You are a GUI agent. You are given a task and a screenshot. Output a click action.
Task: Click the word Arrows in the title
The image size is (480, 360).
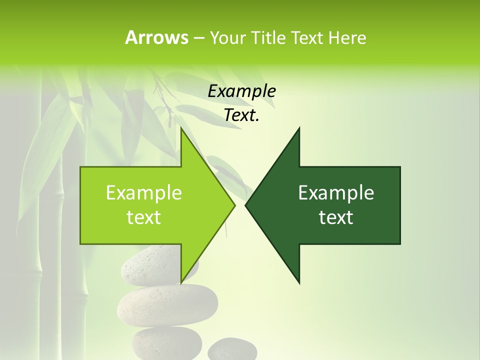tap(156, 37)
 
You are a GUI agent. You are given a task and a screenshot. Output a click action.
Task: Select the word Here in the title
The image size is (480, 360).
tap(347, 37)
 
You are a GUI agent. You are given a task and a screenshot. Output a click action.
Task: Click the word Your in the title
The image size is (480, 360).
tap(226, 37)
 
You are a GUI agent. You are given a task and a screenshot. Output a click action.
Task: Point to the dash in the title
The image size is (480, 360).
tap(198, 38)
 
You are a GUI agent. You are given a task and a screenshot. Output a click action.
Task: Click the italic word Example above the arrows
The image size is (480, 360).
tap(241, 91)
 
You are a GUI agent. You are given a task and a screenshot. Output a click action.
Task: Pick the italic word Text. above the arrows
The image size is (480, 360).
tap(241, 115)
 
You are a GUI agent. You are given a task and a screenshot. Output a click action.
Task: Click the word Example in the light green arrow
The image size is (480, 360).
tap(144, 192)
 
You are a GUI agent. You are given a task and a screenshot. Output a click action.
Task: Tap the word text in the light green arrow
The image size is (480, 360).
tap(144, 217)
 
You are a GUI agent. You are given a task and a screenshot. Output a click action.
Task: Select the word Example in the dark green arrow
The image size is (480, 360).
tap(336, 192)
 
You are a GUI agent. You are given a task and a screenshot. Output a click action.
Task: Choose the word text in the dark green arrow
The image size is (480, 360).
tap(336, 217)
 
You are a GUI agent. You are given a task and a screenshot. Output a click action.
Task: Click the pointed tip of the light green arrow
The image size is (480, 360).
tap(234, 205)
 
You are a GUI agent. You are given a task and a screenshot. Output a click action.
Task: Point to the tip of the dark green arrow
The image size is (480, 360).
tap(246, 205)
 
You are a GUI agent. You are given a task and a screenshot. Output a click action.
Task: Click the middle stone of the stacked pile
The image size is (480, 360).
tap(167, 304)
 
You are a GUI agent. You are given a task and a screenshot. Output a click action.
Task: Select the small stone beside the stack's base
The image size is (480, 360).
tap(225, 349)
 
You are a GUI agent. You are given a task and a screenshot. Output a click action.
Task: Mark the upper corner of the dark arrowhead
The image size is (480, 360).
tap(299, 129)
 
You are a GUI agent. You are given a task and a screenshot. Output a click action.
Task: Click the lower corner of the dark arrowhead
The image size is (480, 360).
tap(299, 282)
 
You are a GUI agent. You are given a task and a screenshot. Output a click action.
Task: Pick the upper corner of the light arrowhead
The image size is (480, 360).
tap(181, 129)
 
